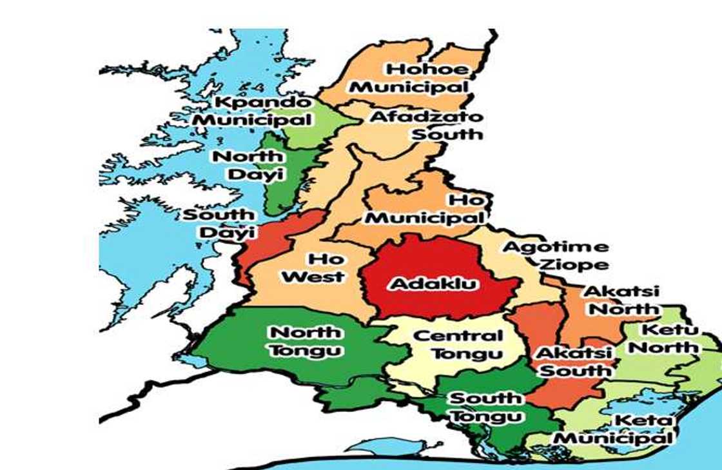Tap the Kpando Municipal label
253,111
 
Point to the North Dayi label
248,165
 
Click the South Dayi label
219,223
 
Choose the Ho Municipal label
425,210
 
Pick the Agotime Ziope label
556,255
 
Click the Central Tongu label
458,344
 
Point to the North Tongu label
306,341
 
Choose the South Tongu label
485,407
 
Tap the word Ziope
574,264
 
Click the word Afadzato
426,117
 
